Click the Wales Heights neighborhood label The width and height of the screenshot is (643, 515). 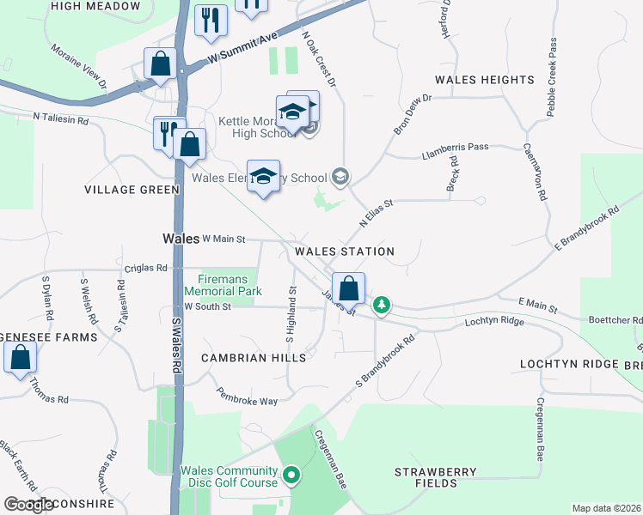pyautogui.click(x=484, y=80)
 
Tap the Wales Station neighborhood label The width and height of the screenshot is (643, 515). pyautogui.click(x=344, y=251)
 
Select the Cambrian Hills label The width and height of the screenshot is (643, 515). pyautogui.click(x=242, y=357)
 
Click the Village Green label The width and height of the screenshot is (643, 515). pyautogui.click(x=132, y=189)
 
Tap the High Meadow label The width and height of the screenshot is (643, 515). pyautogui.click(x=95, y=6)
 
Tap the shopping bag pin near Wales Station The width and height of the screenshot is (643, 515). pyautogui.click(x=348, y=288)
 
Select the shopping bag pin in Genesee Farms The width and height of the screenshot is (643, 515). pyautogui.click(x=21, y=356)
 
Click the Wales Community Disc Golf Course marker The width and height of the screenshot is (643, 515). pyautogui.click(x=291, y=474)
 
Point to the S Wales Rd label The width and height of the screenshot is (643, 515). pyautogui.click(x=177, y=344)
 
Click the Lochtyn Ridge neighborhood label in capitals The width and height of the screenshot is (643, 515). pyautogui.click(x=569, y=364)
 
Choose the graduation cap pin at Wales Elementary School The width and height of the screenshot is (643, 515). pyautogui.click(x=263, y=175)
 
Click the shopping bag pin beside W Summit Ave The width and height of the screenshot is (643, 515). pyautogui.click(x=160, y=63)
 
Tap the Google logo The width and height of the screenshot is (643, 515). pyautogui.click(x=29, y=505)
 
